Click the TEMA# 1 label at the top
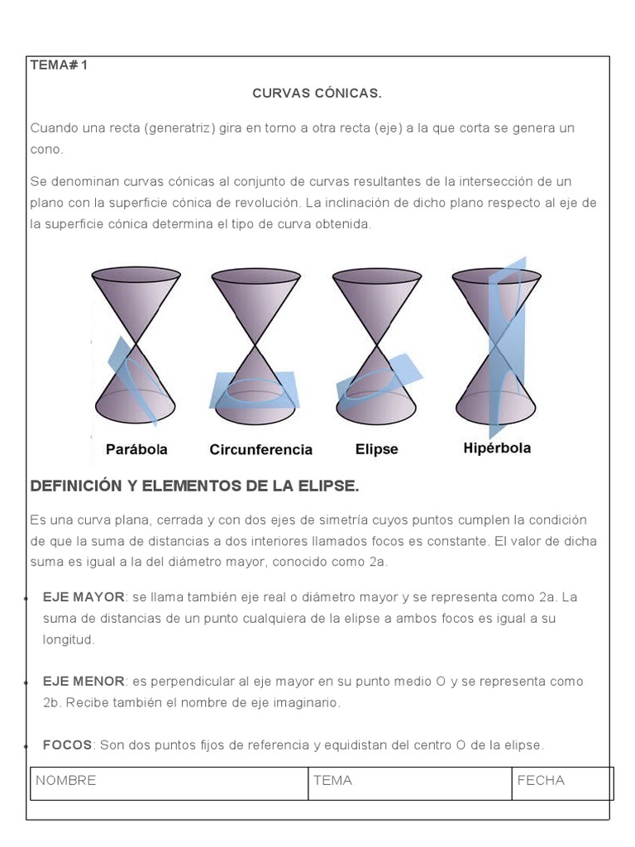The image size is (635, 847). point(58,65)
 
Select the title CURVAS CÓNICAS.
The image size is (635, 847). point(317,93)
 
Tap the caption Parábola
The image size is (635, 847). point(136,449)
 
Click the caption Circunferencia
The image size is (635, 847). point(260,450)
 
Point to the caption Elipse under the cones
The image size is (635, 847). point(376,449)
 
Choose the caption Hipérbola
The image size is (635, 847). point(497,448)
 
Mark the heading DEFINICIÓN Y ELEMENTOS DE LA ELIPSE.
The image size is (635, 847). point(194,486)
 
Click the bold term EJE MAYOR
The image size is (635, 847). point(84,596)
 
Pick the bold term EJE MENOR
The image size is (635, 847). point(84,681)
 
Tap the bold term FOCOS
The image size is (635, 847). point(67,744)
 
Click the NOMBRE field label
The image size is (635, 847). point(65,780)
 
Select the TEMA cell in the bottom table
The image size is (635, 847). point(332,780)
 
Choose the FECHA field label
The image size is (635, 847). point(541,780)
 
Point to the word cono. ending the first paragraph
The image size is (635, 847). point(46,150)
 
